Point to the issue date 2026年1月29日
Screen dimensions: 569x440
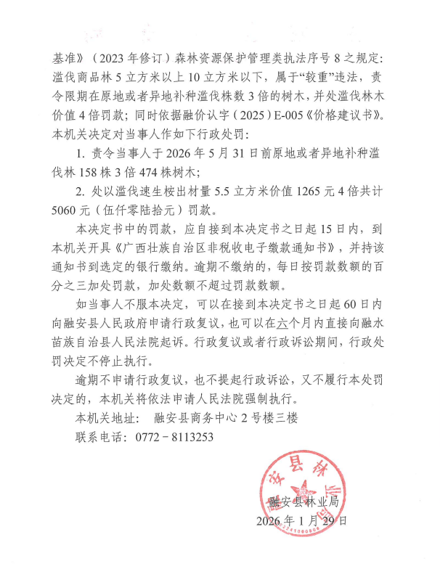(x=302, y=521)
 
